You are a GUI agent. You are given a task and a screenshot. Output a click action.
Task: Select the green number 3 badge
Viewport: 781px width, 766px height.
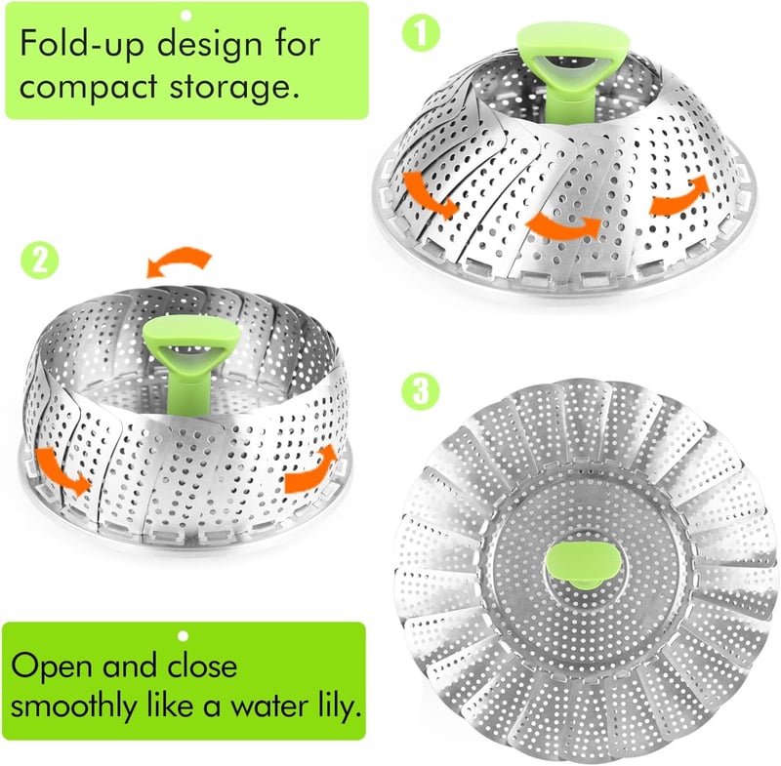click(x=417, y=392)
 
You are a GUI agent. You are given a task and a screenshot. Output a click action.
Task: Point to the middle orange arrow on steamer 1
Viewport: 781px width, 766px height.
click(x=561, y=222)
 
